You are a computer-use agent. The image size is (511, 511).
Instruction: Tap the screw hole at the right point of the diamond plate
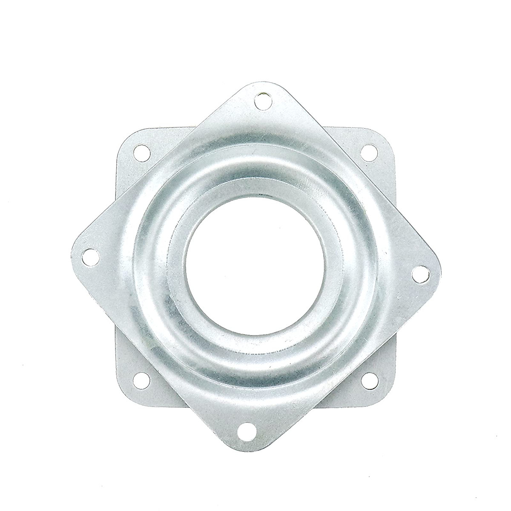420,272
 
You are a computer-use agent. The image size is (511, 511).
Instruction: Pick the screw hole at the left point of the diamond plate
89,256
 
